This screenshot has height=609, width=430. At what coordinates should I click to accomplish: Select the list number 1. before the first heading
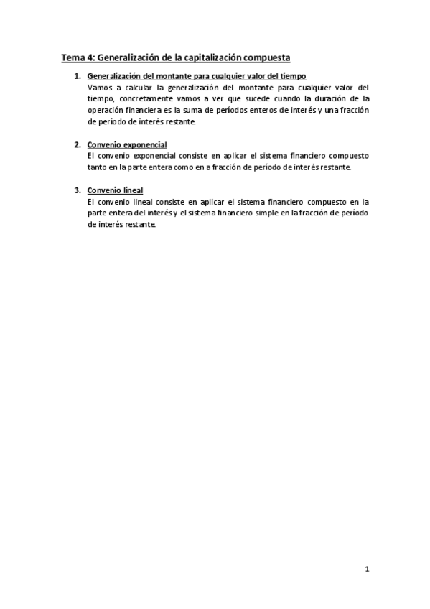click(x=78, y=76)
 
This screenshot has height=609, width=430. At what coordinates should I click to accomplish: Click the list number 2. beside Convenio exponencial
click(x=78, y=145)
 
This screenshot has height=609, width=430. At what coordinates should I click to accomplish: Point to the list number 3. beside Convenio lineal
click(x=78, y=190)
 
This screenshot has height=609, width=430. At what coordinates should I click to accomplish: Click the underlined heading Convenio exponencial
click(x=126, y=145)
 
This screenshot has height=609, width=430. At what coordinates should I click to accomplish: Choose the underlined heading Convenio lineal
click(x=115, y=190)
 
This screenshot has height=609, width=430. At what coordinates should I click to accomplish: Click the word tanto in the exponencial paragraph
click(x=97, y=167)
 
